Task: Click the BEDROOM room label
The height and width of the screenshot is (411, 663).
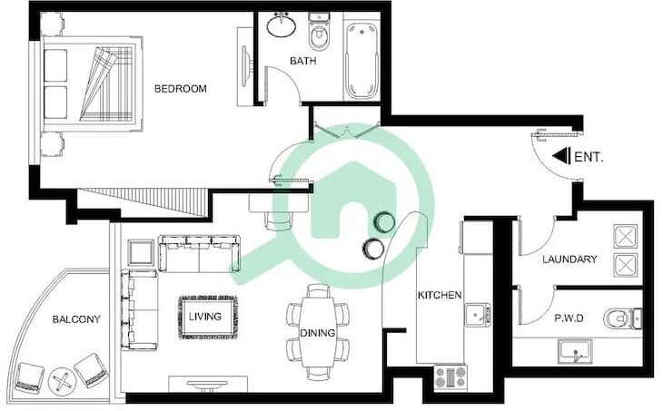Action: pos(181,89)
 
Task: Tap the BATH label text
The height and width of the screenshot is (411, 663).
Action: pos(302,61)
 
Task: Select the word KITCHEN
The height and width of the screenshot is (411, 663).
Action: pos(440,295)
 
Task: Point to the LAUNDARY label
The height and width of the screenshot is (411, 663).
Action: pos(569,259)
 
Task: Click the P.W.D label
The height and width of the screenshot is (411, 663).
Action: pos(569,318)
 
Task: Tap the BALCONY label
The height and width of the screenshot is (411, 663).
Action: pos(76,319)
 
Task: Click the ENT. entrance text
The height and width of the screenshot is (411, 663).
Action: pos(589,157)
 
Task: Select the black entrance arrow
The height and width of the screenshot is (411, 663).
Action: pos(561,156)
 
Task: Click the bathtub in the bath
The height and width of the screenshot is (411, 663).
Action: pos(361,62)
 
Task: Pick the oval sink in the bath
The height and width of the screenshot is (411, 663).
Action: pos(282,26)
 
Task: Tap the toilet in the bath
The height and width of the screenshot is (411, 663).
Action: pos(319,32)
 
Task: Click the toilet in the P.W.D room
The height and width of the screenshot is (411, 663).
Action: pos(622,318)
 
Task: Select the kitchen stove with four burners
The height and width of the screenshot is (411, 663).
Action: pos(450,377)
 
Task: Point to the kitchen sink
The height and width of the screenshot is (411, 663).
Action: pos(478,314)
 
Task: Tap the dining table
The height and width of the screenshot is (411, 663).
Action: pos(318,331)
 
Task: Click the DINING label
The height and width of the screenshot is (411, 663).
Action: pos(318,333)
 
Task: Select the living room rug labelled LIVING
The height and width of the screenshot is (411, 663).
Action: pos(207,318)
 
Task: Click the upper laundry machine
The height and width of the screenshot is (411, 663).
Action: pos(625,236)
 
